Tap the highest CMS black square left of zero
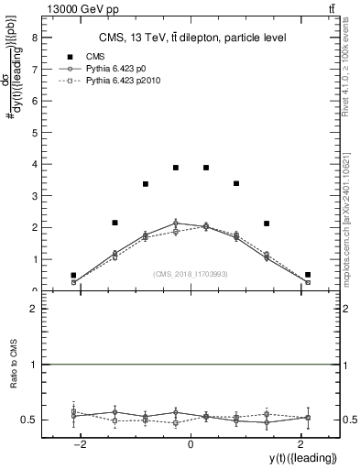(176, 168)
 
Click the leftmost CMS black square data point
(73, 275)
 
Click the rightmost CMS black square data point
(308, 274)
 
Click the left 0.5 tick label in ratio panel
(31, 420)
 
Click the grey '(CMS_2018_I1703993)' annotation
(191, 274)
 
